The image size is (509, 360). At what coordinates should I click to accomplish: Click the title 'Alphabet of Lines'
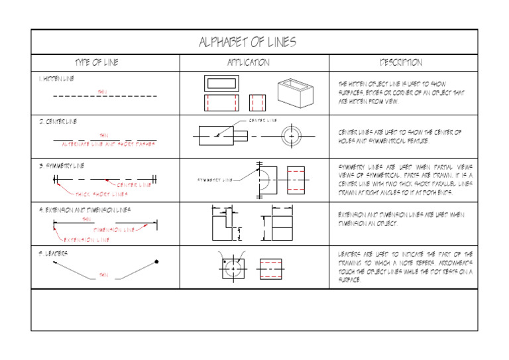click(x=247, y=42)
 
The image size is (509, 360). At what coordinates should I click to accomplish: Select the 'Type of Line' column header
click(x=97, y=62)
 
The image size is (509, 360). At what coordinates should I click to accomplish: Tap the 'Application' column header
click(x=249, y=62)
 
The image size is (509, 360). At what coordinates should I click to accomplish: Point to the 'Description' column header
click(x=400, y=62)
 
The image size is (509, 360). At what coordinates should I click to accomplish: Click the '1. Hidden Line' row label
click(x=56, y=79)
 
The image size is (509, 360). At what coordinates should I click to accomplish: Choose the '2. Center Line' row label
click(x=58, y=122)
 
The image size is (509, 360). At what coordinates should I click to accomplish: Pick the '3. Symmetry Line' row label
click(x=60, y=165)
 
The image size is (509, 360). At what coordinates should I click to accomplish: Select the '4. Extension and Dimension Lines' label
click(x=84, y=209)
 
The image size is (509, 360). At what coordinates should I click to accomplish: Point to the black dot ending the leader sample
click(x=156, y=261)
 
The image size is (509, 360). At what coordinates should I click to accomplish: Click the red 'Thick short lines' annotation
click(x=101, y=194)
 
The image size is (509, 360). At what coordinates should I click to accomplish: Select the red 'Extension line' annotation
click(x=85, y=239)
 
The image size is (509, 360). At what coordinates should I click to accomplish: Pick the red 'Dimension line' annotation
click(x=114, y=229)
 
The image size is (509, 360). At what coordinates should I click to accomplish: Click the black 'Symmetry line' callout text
click(x=215, y=180)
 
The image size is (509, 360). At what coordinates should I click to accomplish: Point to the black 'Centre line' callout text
click(x=262, y=121)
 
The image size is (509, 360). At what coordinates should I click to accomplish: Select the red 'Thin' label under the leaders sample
click(x=103, y=274)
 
